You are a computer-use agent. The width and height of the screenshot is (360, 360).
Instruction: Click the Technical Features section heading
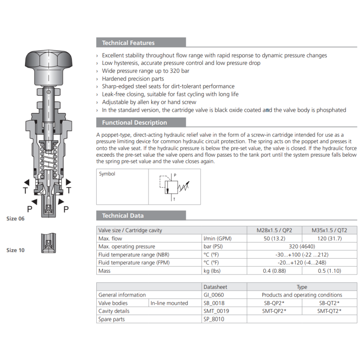pyautogui.click(x=128, y=43)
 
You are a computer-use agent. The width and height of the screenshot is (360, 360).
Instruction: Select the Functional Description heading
pyautogui.click(x=134, y=122)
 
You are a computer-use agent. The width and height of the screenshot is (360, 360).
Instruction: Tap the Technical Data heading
pyautogui.click(x=122, y=216)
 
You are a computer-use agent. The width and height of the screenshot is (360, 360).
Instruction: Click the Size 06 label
pyautogui.click(x=15, y=219)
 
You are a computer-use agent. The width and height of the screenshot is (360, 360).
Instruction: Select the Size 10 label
pyautogui.click(x=15, y=250)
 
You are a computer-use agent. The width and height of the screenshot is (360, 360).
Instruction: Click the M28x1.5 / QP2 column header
pyautogui.click(x=274, y=230)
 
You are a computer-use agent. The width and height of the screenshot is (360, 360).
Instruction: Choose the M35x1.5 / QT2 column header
pyautogui.click(x=329, y=230)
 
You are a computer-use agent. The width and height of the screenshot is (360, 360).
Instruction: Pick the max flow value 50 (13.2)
pyautogui.click(x=274, y=238)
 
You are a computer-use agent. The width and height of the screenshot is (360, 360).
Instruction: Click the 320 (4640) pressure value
pyautogui.click(x=301, y=247)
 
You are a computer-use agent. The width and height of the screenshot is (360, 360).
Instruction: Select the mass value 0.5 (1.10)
pyautogui.click(x=329, y=271)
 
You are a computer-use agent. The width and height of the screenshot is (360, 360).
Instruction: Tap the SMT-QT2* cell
pyautogui.click(x=329, y=311)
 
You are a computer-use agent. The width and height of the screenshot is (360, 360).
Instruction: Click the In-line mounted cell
pyautogui.click(x=169, y=303)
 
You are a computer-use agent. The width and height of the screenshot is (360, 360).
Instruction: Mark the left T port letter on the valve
pyautogui.click(x=25, y=191)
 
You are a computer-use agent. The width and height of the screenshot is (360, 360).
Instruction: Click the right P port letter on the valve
pyautogui.click(x=66, y=209)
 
